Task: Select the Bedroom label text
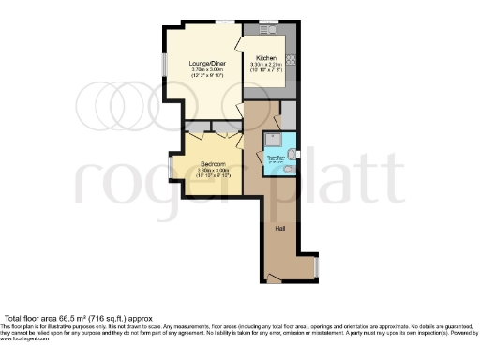(212, 163)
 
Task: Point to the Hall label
(279, 228)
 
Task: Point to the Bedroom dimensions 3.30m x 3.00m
(212, 171)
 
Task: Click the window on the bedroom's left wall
(170, 166)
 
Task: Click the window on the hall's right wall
(317, 268)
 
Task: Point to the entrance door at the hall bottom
(274, 277)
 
